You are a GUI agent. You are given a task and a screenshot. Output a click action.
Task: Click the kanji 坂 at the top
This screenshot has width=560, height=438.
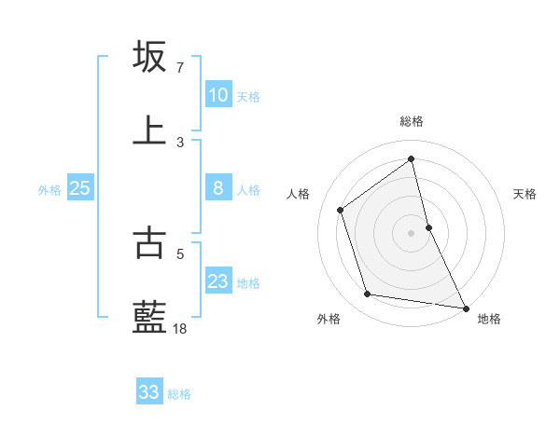coord(150,57)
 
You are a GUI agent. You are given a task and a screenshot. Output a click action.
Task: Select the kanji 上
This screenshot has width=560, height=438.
coord(150,130)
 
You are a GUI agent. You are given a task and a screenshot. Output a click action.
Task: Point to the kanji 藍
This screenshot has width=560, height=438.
coord(150,317)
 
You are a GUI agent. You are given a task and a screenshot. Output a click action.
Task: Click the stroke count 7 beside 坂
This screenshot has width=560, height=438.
coord(180,68)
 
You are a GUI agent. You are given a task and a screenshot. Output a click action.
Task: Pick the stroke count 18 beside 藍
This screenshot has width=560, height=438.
coord(180,328)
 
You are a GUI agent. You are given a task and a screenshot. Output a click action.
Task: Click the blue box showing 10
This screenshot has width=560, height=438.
coord(218,95)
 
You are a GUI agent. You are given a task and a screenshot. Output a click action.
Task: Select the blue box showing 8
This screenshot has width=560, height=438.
coord(218,188)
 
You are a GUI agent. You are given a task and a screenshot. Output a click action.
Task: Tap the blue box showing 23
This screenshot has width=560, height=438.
coord(218,281)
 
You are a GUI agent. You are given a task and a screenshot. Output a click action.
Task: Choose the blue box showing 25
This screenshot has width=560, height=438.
coord(80,188)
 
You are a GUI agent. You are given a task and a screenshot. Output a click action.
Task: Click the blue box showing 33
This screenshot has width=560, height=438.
coord(149,392)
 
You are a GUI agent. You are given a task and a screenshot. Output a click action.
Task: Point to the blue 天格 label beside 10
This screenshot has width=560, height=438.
coord(248,97)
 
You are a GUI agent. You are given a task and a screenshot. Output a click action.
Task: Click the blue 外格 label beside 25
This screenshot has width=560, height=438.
coord(49,190)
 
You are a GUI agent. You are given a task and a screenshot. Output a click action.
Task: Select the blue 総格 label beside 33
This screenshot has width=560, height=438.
coord(179,394)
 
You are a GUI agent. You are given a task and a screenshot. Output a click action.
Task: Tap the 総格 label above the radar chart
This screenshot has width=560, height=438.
coord(412,121)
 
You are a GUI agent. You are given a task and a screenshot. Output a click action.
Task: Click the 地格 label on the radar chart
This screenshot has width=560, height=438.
coord(489,319)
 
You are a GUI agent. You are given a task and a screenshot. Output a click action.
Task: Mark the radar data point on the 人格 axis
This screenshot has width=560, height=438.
coord(341,210)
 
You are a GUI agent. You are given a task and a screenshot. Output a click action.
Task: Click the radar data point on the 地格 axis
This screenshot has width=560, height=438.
coord(466,308)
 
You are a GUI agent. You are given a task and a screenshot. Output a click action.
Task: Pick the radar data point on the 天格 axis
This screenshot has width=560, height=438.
coord(428,226)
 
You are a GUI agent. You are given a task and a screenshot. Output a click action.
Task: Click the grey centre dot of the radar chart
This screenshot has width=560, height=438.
coord(412,232)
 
